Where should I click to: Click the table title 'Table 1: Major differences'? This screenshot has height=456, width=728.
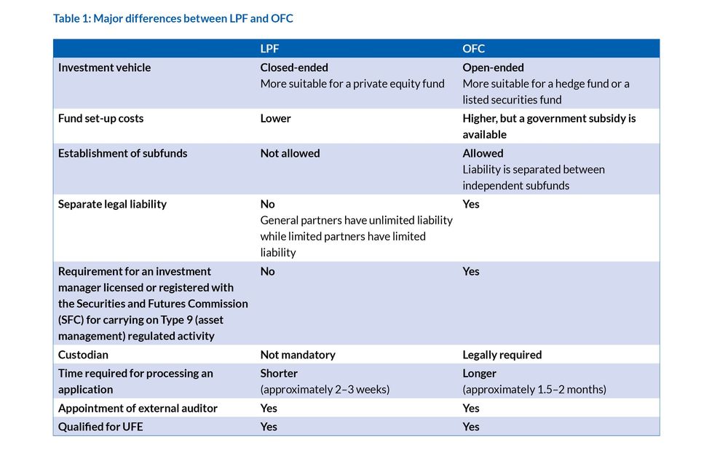(173, 18)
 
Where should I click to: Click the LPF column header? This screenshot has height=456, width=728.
(269, 49)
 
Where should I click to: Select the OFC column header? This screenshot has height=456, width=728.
(474, 49)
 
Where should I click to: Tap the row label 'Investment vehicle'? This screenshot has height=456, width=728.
(104, 68)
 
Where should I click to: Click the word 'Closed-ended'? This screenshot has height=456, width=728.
(294, 68)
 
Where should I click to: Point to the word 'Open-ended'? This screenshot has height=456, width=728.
(493, 68)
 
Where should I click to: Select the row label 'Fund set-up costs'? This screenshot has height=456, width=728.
(100, 119)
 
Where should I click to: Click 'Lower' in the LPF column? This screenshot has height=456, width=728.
(275, 119)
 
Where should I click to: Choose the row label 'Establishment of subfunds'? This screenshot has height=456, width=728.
(122, 154)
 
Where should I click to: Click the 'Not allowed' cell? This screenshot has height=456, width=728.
(290, 154)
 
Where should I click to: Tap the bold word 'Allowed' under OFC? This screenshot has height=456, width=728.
(483, 154)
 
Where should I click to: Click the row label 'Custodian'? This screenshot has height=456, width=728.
(83, 355)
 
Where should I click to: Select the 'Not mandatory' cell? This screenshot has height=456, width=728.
(298, 355)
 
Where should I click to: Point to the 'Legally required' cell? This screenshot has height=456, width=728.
(502, 355)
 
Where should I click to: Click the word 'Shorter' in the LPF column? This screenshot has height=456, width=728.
(279, 374)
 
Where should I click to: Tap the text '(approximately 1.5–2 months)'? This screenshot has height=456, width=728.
(534, 390)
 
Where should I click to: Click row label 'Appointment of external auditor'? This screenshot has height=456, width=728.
(138, 409)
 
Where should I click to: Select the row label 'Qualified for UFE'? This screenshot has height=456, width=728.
(100, 427)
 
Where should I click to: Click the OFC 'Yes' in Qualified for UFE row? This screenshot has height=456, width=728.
(471, 427)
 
